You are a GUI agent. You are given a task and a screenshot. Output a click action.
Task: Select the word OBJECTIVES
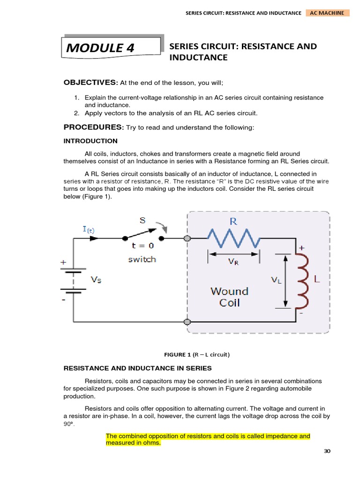90,82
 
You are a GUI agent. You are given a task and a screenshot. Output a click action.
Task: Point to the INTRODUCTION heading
90,141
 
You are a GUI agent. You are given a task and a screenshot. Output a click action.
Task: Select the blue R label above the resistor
233,221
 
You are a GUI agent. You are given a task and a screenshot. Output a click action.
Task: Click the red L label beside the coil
317,279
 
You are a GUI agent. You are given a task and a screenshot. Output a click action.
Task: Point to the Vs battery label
96,280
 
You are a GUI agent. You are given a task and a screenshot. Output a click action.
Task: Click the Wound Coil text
229,297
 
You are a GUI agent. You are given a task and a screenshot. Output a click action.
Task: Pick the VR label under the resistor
233,262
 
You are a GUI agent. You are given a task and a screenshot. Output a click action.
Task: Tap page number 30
327,451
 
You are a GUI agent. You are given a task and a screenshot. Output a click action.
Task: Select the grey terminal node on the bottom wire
187,322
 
